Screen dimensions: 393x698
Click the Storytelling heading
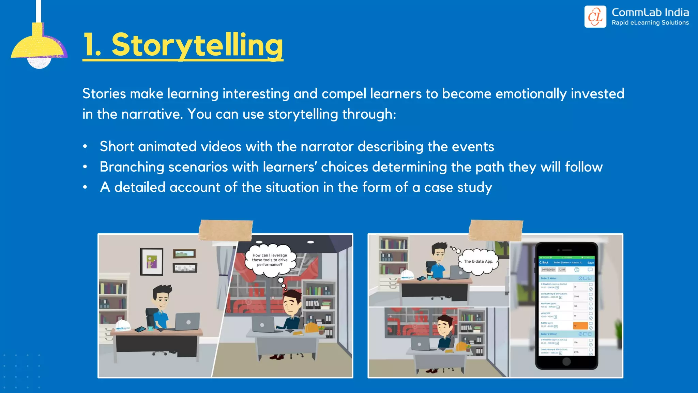click(183, 45)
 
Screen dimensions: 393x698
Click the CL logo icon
click(595, 17)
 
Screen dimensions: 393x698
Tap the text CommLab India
click(650, 13)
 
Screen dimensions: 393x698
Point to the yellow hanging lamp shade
click(38, 44)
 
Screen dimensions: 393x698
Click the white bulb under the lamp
click(39, 63)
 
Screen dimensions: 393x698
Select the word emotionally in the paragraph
click(531, 94)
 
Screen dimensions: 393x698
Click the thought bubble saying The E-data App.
click(479, 262)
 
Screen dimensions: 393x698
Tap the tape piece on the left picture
click(226, 230)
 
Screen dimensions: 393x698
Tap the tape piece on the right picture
click(496, 230)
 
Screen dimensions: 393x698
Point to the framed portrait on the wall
click(152, 262)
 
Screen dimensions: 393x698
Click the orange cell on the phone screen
click(580, 325)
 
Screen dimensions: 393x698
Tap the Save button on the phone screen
click(590, 263)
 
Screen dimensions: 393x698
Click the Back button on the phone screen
click(544, 263)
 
